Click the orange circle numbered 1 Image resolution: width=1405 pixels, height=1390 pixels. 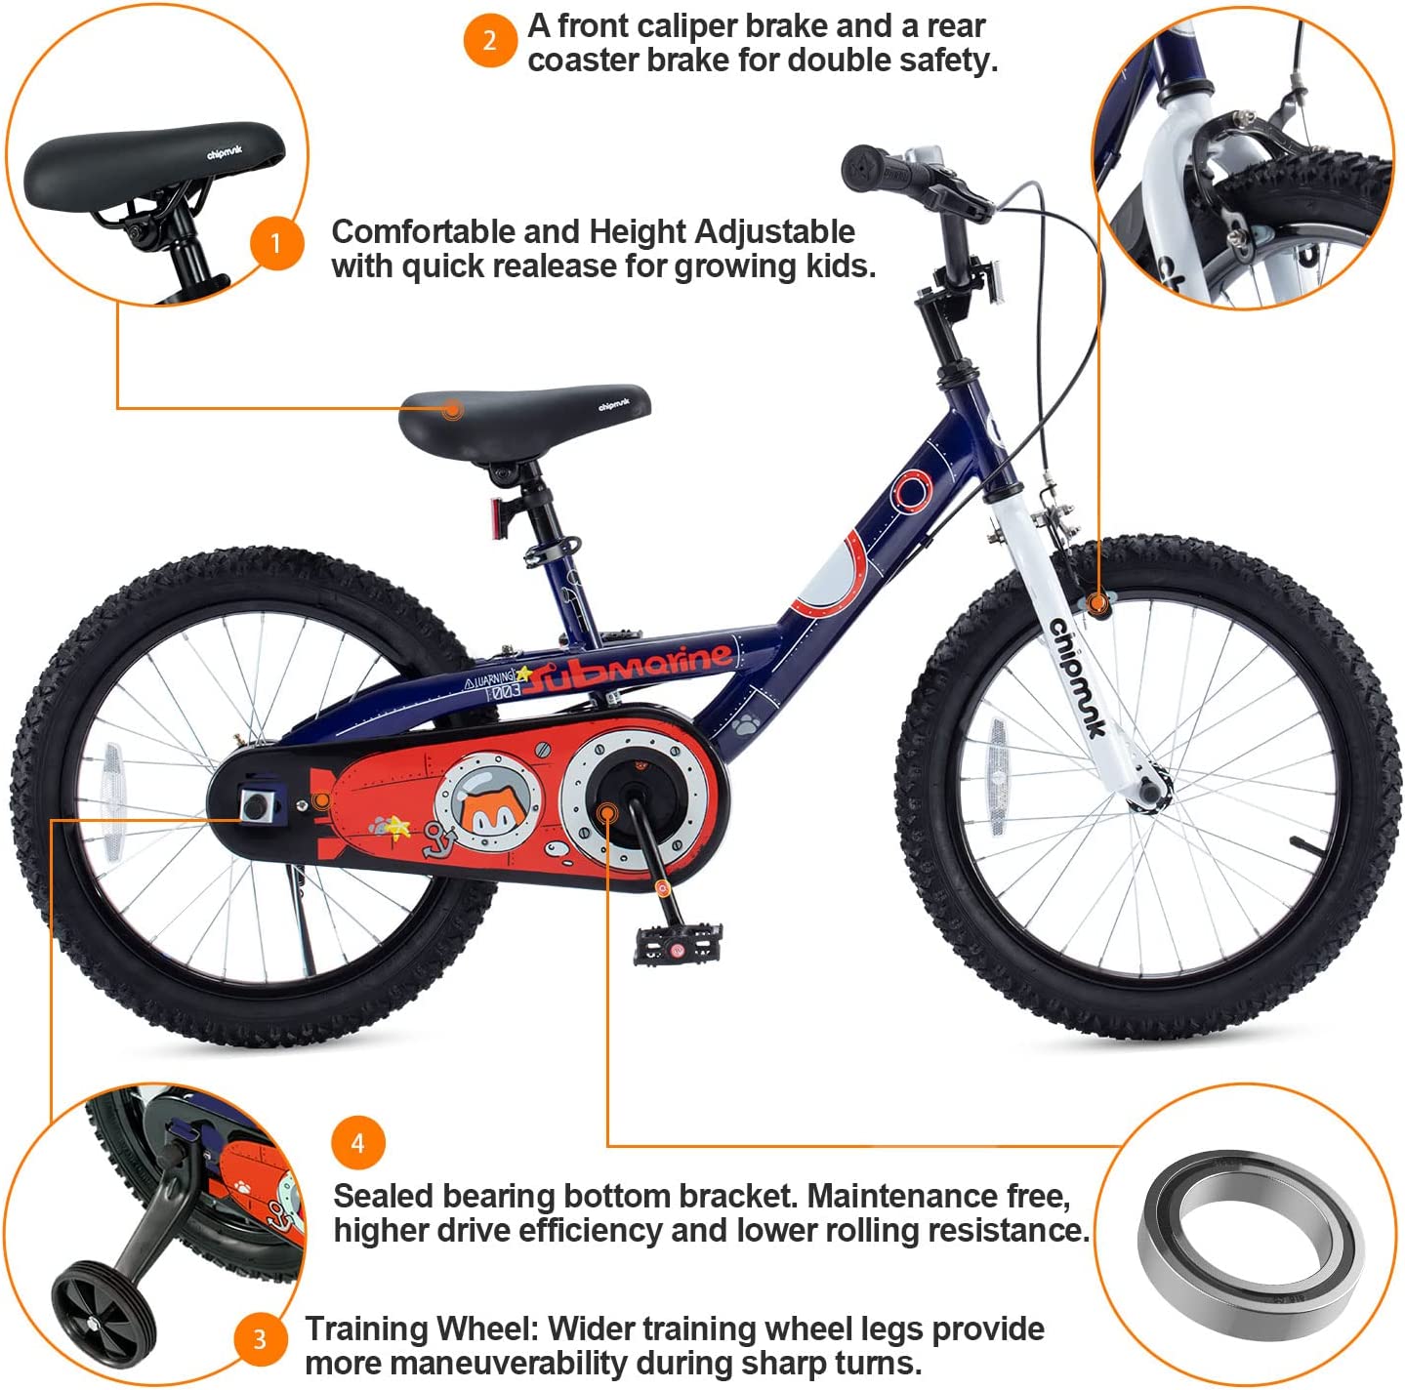coord(276,242)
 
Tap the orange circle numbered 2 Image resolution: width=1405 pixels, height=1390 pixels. coord(489,41)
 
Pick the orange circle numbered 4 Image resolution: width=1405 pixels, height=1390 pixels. coord(357,1143)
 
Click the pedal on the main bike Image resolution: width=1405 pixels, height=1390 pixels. coord(678,943)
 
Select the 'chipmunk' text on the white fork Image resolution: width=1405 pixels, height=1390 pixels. coord(1077,676)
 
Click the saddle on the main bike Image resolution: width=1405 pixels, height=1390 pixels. coord(524,410)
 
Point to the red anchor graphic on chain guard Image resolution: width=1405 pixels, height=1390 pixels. coord(437,838)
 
